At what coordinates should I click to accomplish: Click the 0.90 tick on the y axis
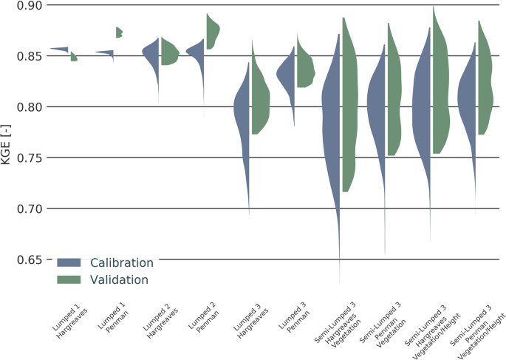pyautogui.click(x=28, y=6)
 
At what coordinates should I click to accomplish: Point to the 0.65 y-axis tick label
pyautogui.click(x=28, y=260)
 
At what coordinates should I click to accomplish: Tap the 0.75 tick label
pyautogui.click(x=28, y=158)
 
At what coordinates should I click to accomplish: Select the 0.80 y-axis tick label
pyautogui.click(x=28, y=107)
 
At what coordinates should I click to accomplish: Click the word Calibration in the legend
pyautogui.click(x=122, y=262)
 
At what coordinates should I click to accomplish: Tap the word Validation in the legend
pyautogui.click(x=119, y=280)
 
